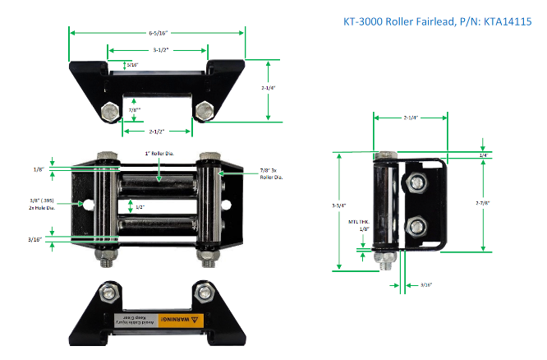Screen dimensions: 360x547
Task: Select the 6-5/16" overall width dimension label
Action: coord(157,34)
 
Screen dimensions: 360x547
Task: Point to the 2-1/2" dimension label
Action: coord(159,131)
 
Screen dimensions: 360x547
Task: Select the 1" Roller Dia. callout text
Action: coord(159,155)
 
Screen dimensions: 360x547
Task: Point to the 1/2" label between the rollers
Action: coord(140,206)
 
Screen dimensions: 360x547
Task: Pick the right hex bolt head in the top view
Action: coord(205,109)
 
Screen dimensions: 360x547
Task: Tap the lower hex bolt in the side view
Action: coord(418,225)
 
